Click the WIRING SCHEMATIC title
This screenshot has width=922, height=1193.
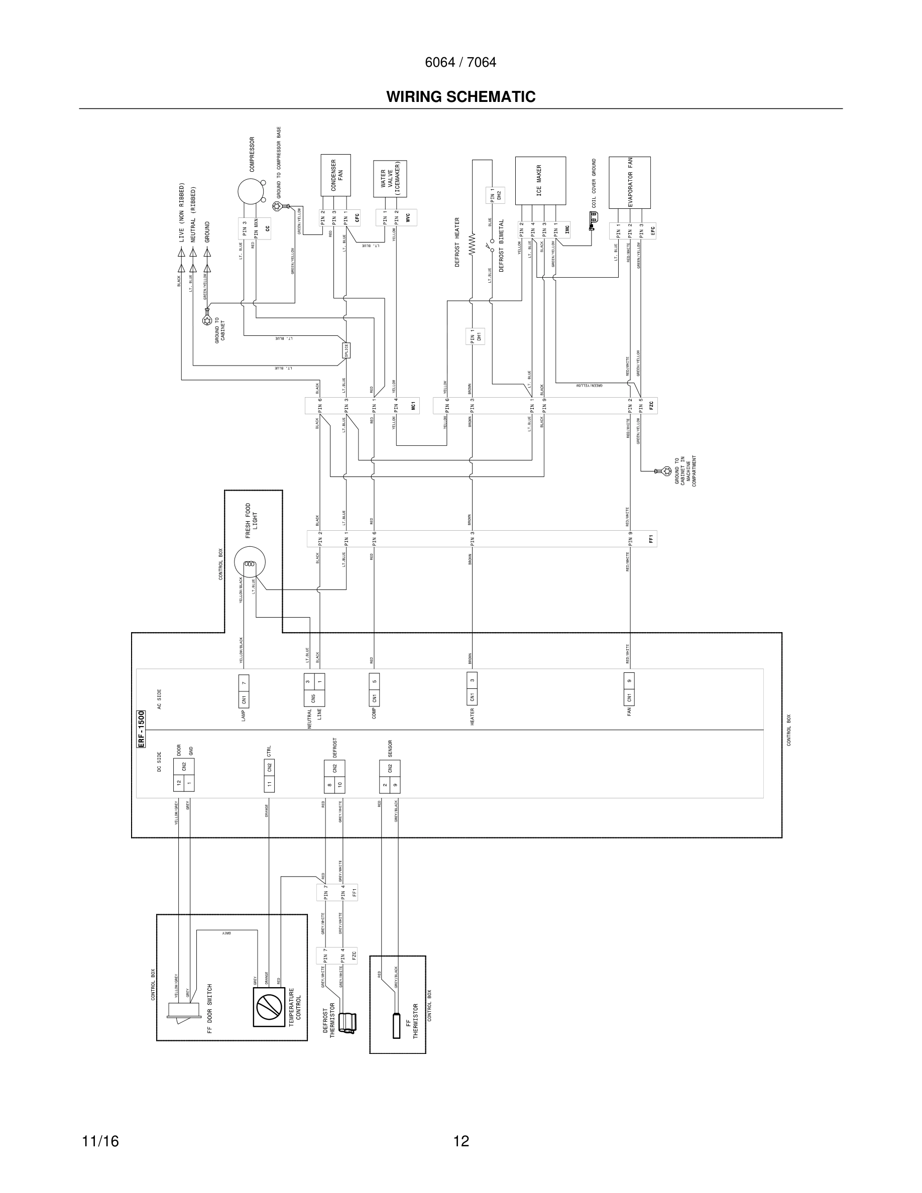(460, 97)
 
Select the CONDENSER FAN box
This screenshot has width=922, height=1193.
(335, 175)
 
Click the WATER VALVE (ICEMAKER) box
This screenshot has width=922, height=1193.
(390, 179)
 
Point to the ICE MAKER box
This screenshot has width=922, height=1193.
(540, 180)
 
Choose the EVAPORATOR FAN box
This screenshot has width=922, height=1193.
(629, 182)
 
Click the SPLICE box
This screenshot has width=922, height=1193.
(345, 350)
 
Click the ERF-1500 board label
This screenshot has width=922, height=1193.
(141, 729)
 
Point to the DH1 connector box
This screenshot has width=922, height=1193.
(475, 336)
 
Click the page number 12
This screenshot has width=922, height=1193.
(461, 1141)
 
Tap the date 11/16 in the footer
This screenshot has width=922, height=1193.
(100, 1141)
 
